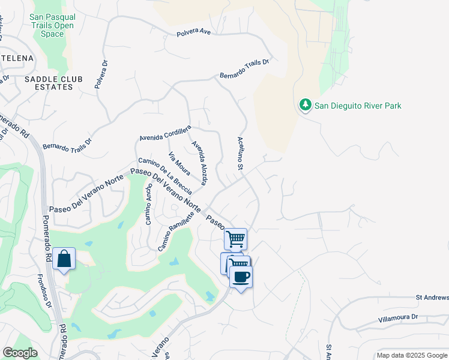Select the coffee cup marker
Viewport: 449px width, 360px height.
tap(241, 277)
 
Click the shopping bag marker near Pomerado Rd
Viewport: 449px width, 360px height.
tap(64, 259)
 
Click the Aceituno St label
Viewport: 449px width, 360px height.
tap(240, 153)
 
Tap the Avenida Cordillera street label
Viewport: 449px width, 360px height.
tap(165, 133)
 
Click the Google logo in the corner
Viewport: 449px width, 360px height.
tap(20, 353)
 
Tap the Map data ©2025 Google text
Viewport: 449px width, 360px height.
tap(412, 355)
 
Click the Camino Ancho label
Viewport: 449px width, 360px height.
tap(148, 204)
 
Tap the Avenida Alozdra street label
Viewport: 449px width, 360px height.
tap(200, 163)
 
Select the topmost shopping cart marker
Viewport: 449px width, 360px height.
tap(236, 239)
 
